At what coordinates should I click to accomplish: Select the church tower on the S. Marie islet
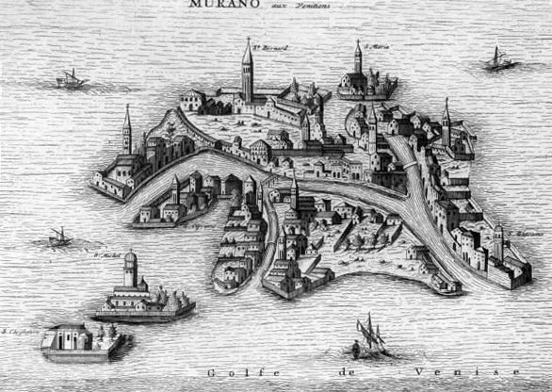(358, 60)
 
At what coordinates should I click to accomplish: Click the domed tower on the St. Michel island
(131, 269)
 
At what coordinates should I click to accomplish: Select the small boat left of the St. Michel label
(60, 237)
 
